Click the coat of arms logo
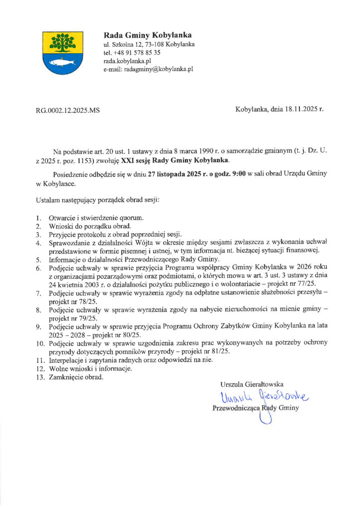tap(60, 52)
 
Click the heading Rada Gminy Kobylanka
tap(147, 35)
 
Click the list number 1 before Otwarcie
tap(38, 219)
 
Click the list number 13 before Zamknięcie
tap(40, 377)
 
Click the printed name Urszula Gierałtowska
tap(252, 384)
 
